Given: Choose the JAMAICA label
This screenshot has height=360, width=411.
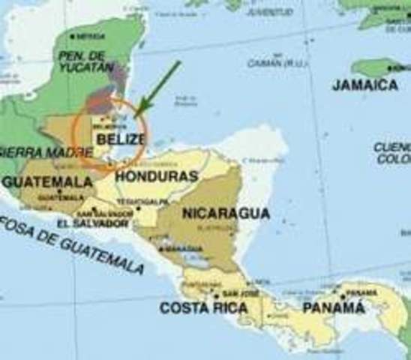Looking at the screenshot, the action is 364,85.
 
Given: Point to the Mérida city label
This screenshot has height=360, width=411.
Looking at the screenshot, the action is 90,35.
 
